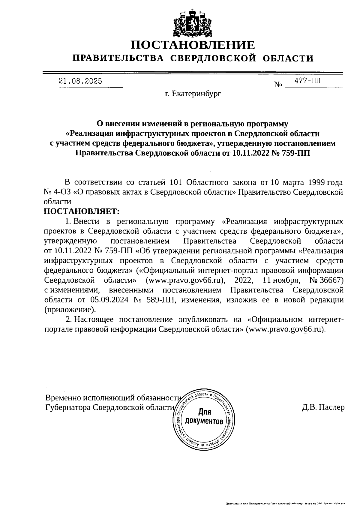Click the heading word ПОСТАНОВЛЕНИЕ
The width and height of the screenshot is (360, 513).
pyautogui.click(x=193, y=45)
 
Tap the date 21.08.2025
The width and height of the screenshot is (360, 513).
pyautogui.click(x=80, y=81)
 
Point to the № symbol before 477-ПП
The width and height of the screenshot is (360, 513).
pyautogui.click(x=278, y=85)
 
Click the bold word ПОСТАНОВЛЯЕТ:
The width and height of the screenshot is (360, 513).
pyautogui.click(x=82, y=211)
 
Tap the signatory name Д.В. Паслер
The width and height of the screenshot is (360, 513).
pyautogui.click(x=323, y=407)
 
